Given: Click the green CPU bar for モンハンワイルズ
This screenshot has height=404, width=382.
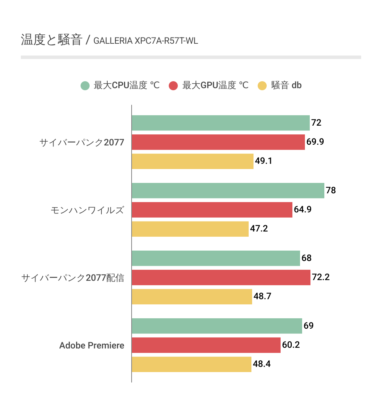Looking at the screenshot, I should coord(228,191).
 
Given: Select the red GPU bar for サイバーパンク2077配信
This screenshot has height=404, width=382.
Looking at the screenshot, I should coord(221,277).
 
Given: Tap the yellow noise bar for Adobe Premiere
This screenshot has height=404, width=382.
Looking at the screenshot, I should coord(191,364).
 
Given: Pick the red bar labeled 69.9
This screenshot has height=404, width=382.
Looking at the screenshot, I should coord(218,142).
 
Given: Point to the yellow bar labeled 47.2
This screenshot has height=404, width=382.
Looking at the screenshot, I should coord(190,229).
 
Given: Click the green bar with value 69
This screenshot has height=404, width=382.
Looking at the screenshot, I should coord(217,326).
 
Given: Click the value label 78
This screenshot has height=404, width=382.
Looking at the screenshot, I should coord(331,191).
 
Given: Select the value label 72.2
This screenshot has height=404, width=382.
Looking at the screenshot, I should coord(321,277).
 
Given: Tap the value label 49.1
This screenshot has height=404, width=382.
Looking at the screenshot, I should coord(264,161).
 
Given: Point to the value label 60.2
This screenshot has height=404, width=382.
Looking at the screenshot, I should coord(291,345).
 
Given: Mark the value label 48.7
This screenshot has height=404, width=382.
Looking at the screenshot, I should coord(262,296).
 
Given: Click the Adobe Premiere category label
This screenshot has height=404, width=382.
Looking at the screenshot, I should coord(92,345).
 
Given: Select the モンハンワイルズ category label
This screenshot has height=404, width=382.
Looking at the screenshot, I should coord(87,210).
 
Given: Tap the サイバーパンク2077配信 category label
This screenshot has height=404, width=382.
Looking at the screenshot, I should coord(73,278).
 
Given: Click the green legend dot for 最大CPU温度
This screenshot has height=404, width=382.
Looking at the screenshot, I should coord(85,85).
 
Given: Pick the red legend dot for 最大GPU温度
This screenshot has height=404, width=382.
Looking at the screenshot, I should coord(173,85).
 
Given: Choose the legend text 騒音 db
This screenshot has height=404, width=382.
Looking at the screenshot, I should coord(286,85).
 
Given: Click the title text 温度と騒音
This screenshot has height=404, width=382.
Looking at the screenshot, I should coord(51,40).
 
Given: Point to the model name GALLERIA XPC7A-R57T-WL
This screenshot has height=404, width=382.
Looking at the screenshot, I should coord(146,41).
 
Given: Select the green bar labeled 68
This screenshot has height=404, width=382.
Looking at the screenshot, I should coord(216,258).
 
